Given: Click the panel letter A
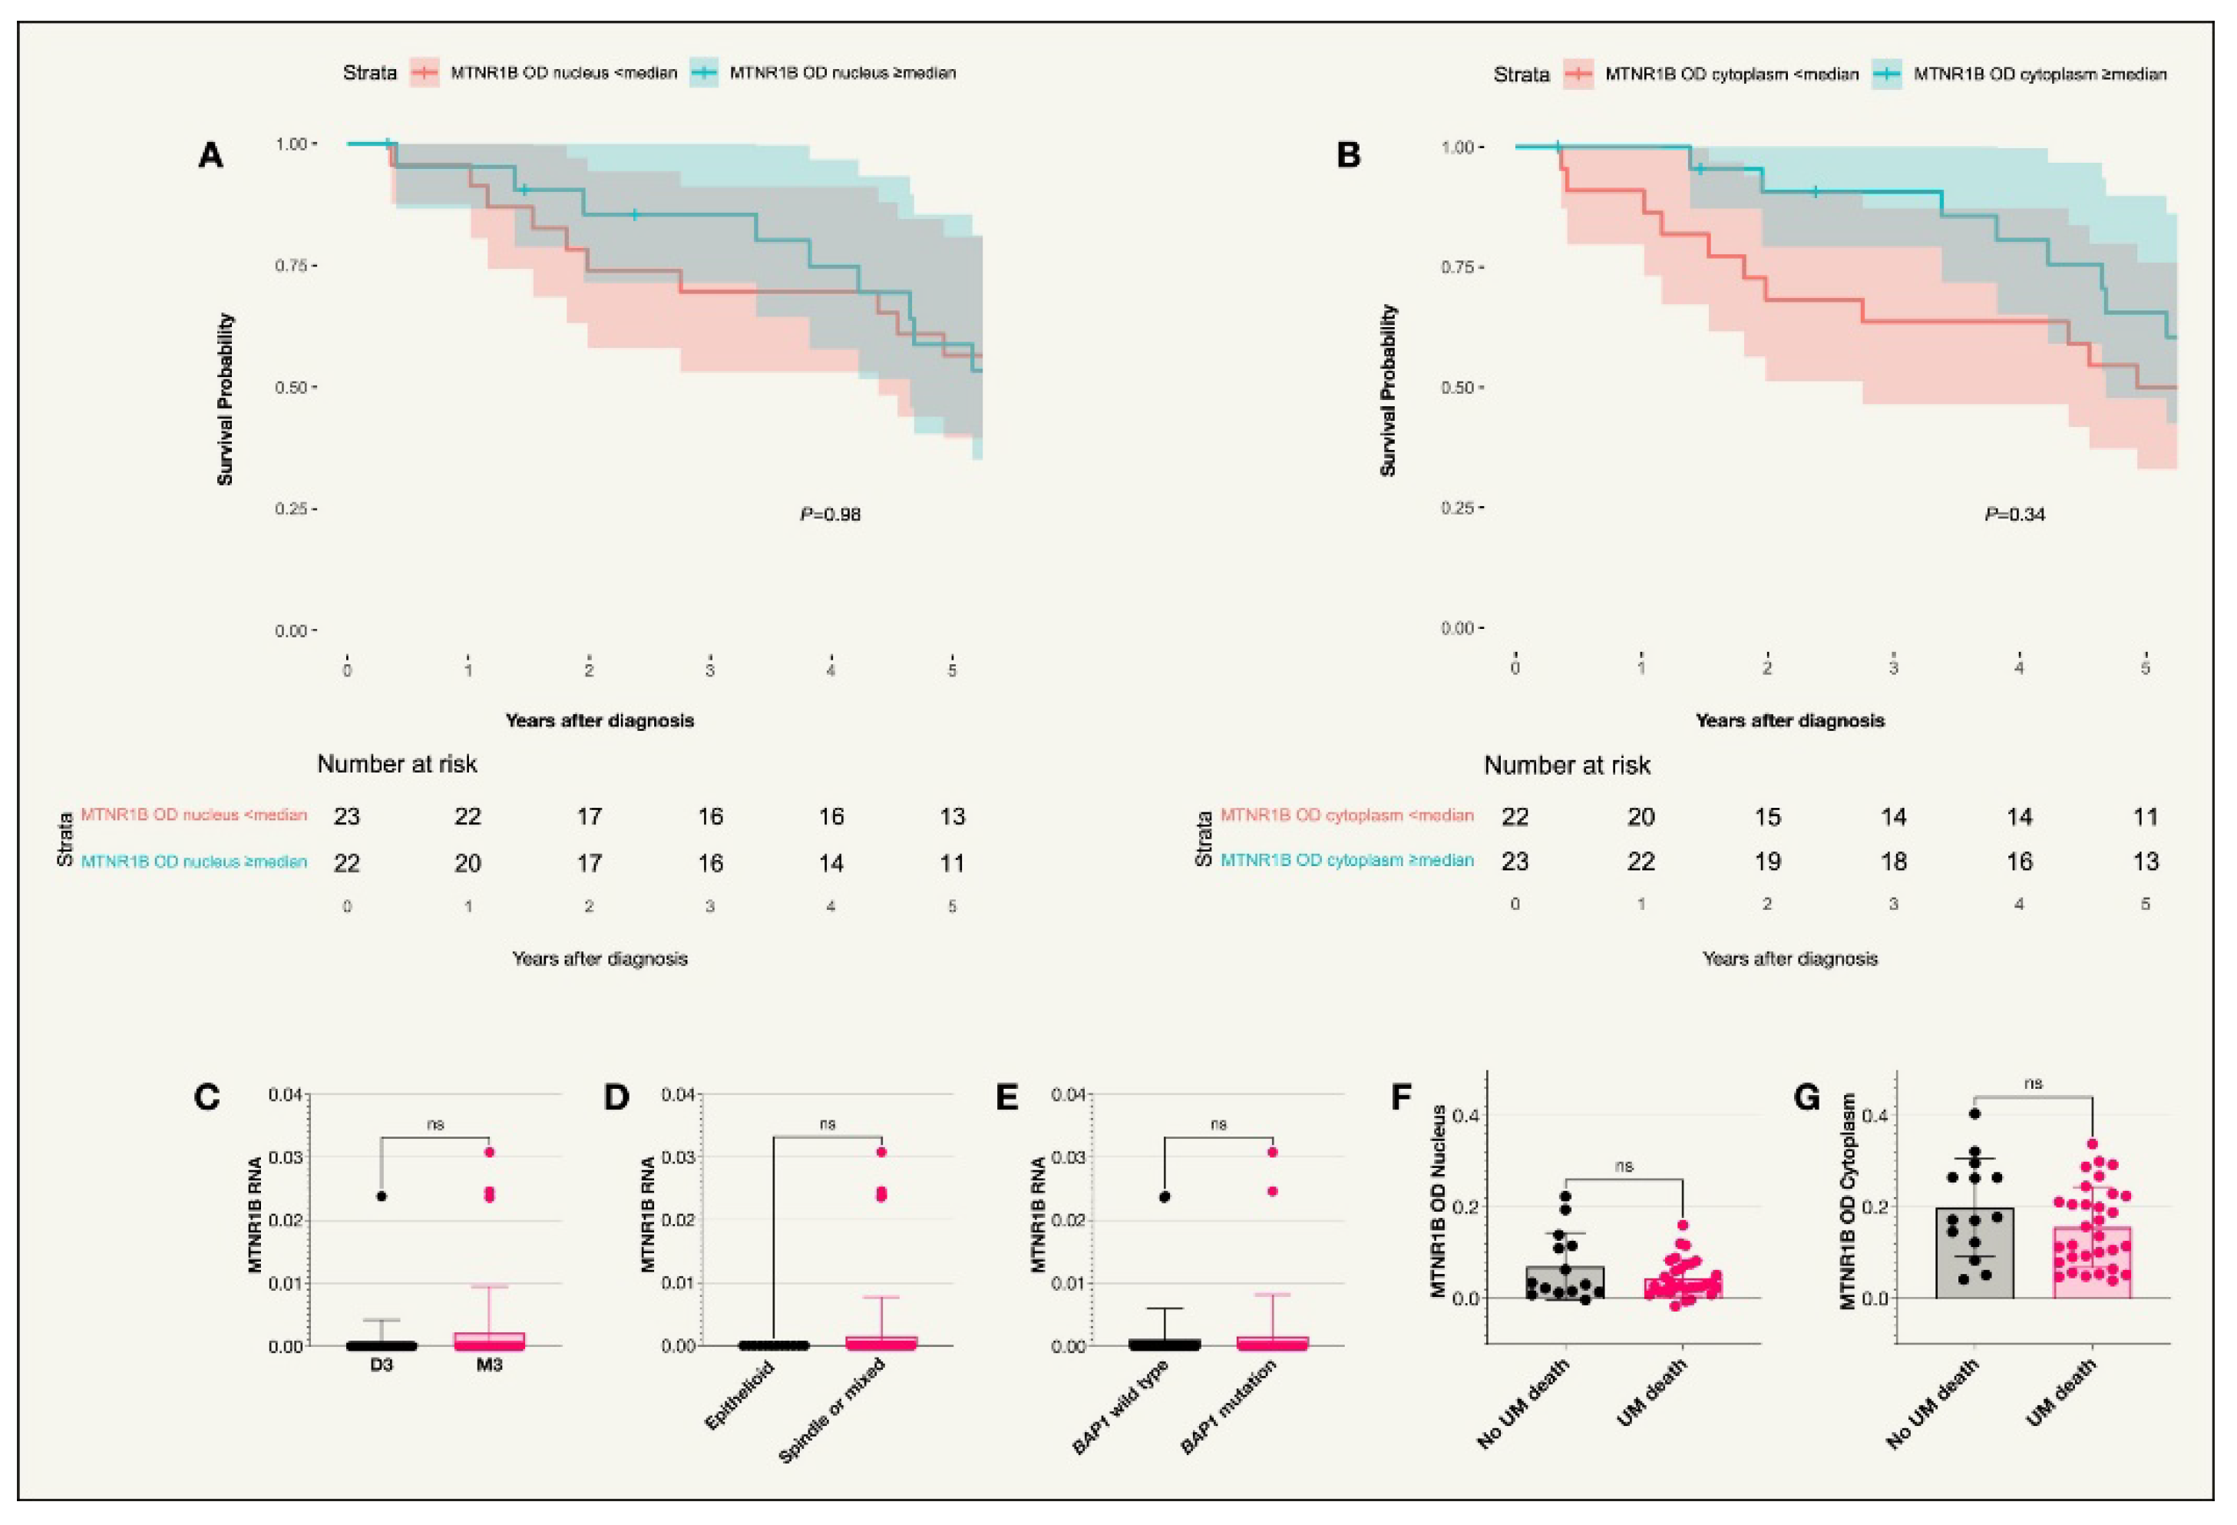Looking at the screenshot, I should (x=211, y=155).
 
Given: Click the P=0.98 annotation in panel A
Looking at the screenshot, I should (x=830, y=514).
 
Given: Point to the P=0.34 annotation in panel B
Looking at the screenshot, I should (x=2014, y=514).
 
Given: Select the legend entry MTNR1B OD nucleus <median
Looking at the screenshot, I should (x=563, y=73).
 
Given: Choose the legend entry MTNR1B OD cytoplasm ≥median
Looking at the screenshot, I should (x=2040, y=74).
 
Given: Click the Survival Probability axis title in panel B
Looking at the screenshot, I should (x=1387, y=390).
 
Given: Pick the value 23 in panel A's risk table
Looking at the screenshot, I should (x=346, y=816).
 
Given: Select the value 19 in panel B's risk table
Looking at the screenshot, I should (x=1767, y=862).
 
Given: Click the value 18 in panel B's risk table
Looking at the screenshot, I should (x=1893, y=862).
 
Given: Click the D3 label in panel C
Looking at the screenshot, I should (x=382, y=1365).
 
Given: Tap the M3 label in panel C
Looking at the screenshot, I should (x=489, y=1365).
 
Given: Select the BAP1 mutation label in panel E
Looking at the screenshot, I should (x=1228, y=1406).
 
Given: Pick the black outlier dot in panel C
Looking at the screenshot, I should (x=382, y=1196).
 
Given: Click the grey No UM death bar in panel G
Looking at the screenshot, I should (x=1974, y=1261).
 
